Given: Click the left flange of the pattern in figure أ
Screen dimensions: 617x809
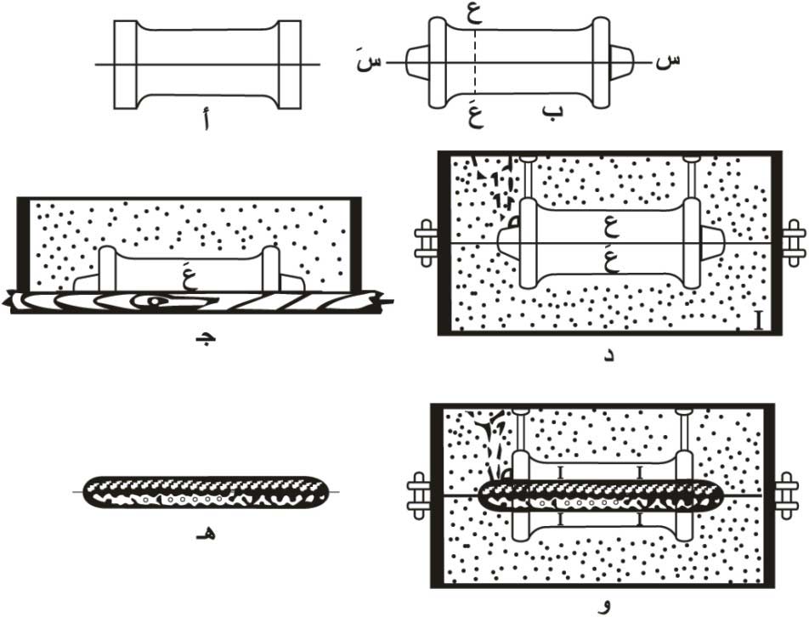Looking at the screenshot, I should click(124, 65).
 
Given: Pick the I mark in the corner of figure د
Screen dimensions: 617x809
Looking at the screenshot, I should click(755, 320).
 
